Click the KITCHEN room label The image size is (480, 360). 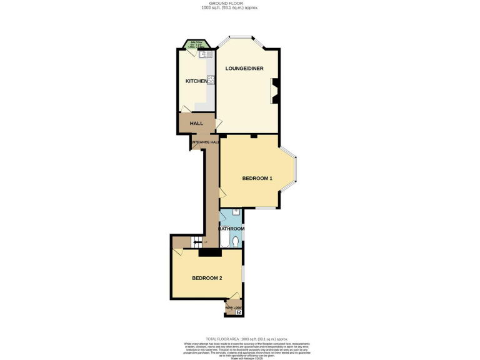(196, 81)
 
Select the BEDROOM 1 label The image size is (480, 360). (257, 179)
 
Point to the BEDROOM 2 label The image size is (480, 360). (207, 278)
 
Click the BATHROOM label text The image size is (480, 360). (231, 229)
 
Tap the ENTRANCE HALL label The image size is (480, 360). (205, 142)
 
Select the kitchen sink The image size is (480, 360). (204, 54)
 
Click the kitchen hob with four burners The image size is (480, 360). (211, 80)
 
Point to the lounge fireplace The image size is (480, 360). (274, 91)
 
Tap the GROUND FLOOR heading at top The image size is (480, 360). (239, 4)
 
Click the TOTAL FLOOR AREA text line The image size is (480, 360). (239, 339)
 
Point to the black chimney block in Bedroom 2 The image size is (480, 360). (209, 252)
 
